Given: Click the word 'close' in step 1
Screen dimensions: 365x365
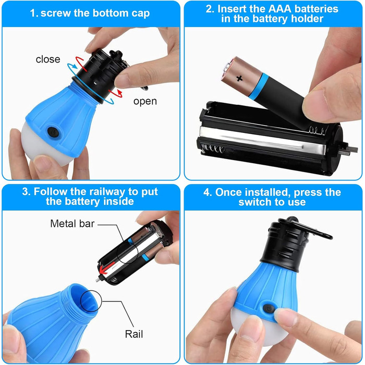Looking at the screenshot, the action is (48, 59).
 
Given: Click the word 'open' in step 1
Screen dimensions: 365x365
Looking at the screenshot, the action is (145, 102).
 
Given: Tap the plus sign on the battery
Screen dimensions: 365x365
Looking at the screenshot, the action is (239, 78).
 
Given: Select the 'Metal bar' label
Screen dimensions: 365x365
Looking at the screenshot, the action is (72, 224).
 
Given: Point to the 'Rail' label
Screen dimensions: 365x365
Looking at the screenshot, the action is (134, 334).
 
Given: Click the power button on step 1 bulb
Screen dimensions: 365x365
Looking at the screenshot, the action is (53, 132).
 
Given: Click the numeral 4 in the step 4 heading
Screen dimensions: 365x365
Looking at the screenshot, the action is (206, 192).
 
